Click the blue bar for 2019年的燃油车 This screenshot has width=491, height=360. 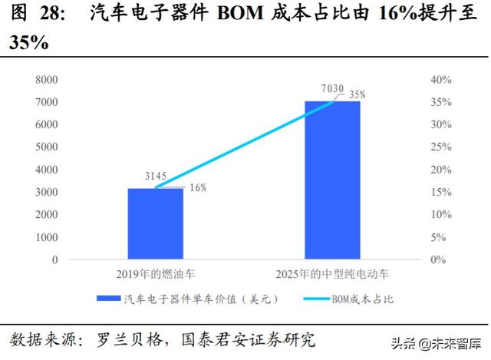(x=155, y=223)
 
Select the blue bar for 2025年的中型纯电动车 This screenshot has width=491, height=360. (x=332, y=180)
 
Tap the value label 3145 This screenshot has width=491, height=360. (x=156, y=177)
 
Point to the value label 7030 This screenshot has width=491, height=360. (x=332, y=90)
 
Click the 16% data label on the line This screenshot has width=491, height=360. (x=197, y=187)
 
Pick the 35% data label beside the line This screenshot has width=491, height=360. (x=357, y=94)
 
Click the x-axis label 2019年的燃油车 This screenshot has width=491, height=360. (x=155, y=274)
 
